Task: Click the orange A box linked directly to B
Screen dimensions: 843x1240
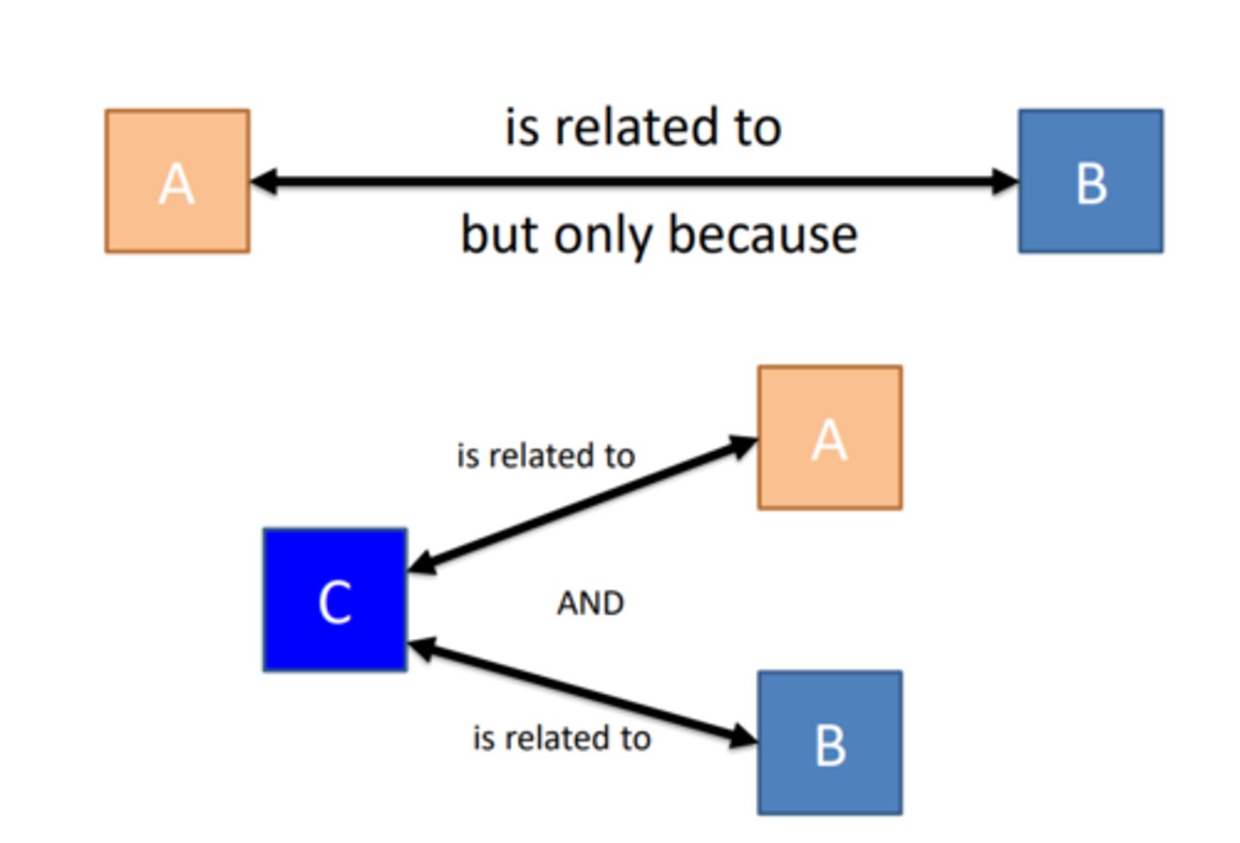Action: (x=177, y=182)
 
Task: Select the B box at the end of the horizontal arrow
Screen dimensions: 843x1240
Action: (x=1090, y=182)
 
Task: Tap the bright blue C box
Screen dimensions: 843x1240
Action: (x=335, y=600)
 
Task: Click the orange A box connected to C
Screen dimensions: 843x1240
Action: (x=829, y=438)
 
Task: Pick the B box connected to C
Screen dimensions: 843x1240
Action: (x=829, y=743)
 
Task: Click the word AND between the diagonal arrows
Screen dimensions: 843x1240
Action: (x=590, y=603)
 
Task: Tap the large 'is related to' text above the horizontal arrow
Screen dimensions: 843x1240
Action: (x=642, y=127)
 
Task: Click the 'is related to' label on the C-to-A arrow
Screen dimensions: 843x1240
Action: (x=545, y=456)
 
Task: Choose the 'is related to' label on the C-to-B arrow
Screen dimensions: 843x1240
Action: (x=561, y=738)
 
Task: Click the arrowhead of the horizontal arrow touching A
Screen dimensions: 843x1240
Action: (x=263, y=182)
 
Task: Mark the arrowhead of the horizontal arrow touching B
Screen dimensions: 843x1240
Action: (x=1004, y=182)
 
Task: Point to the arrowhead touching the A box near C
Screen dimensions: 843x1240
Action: (x=742, y=445)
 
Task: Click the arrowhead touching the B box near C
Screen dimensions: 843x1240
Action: (x=742, y=736)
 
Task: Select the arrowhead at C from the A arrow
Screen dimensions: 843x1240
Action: (x=422, y=563)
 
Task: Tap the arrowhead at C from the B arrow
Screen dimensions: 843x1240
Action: (x=422, y=647)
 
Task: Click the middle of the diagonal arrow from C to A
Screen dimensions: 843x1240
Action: (x=582, y=504)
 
